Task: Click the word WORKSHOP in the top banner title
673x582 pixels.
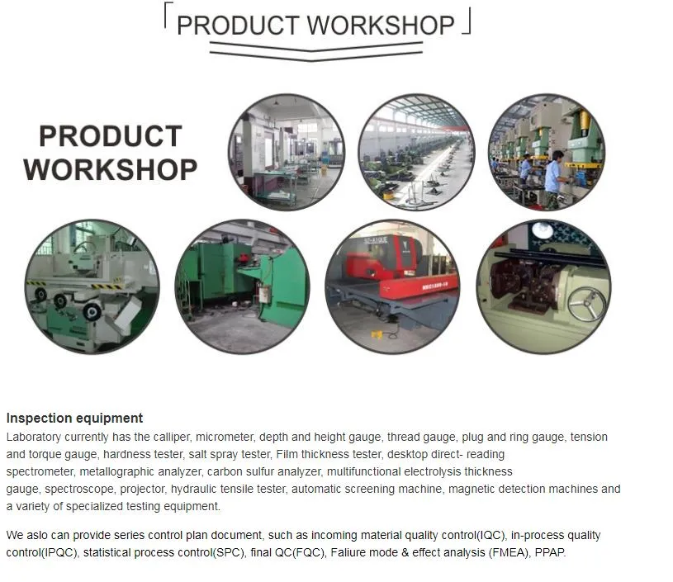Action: coord(381,26)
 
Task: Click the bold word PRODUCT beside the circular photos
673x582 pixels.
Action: coord(111,136)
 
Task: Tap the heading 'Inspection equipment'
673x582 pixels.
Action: coord(74,418)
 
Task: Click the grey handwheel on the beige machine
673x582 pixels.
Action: coord(585,304)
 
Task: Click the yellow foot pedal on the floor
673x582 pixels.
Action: coord(377,334)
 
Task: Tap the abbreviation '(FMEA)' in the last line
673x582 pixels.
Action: coord(509,552)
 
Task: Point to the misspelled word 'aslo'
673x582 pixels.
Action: coord(36,535)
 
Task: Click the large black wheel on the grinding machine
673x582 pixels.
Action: coord(92,311)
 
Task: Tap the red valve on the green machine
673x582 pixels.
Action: coord(244,258)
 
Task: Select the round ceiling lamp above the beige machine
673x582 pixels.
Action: coord(543,229)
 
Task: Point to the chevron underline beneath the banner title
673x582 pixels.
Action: coord(316,51)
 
